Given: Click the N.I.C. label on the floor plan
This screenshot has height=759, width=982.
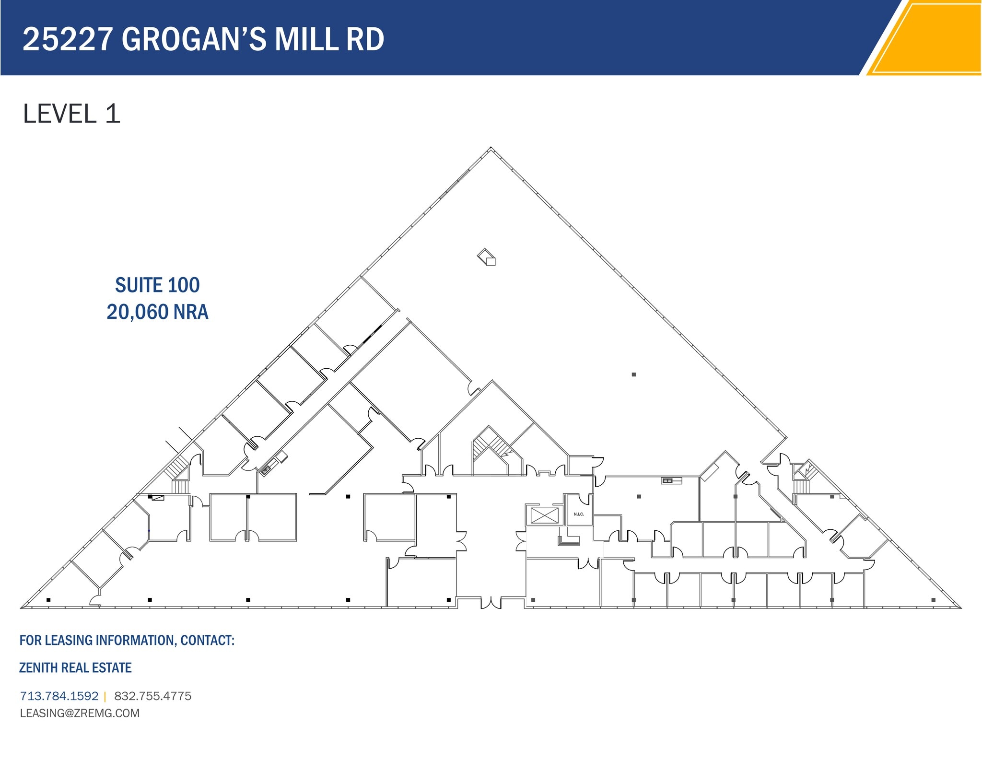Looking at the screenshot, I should point(579,514).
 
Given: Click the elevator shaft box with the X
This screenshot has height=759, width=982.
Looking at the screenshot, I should point(544,516).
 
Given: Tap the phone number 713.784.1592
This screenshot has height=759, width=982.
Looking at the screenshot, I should point(59,696).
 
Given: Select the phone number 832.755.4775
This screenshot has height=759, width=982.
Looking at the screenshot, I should point(152,696).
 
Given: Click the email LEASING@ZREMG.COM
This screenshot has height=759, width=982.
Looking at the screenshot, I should point(80,713).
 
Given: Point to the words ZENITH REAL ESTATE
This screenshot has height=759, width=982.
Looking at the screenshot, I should point(75,667).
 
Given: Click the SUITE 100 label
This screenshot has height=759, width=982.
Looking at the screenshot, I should point(157,285).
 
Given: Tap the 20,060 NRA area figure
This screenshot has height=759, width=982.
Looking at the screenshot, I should point(157,312).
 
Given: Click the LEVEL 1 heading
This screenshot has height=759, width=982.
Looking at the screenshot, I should point(71,114).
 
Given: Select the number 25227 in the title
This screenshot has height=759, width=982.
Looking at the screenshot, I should point(68,39).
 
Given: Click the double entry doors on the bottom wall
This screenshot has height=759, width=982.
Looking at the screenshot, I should point(491,603).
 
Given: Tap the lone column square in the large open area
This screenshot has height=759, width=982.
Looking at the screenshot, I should point(633,374).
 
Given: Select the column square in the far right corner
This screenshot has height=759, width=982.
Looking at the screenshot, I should point(933,600).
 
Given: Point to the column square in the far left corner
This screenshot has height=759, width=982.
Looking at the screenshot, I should point(48,600).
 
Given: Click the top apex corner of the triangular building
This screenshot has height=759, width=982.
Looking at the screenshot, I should point(491,148).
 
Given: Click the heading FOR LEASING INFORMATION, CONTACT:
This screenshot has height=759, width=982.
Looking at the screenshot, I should point(127,641).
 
